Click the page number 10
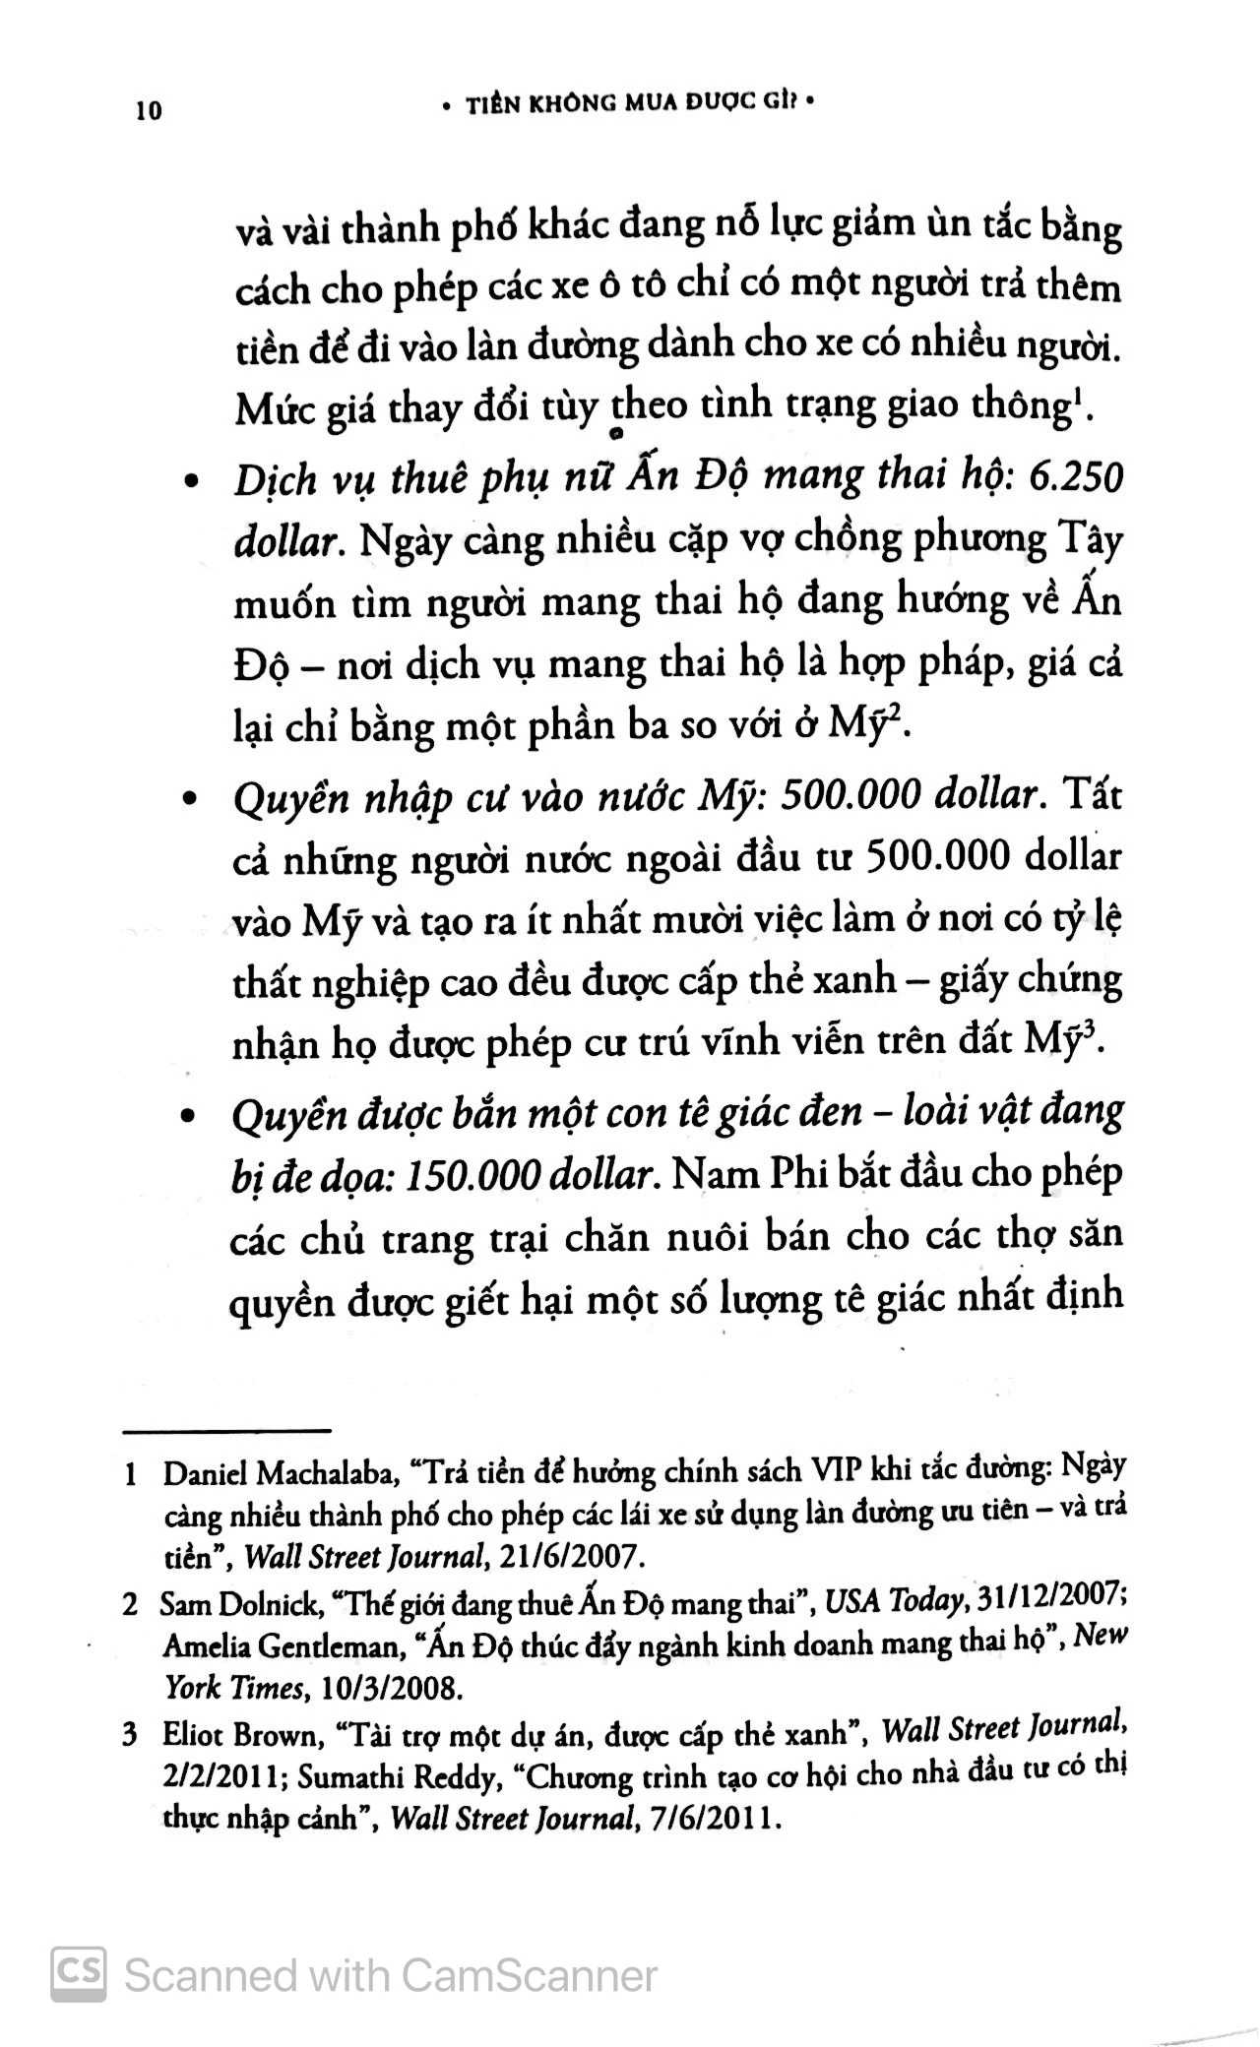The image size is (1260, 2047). [149, 110]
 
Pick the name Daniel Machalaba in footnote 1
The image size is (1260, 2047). [280, 1474]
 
